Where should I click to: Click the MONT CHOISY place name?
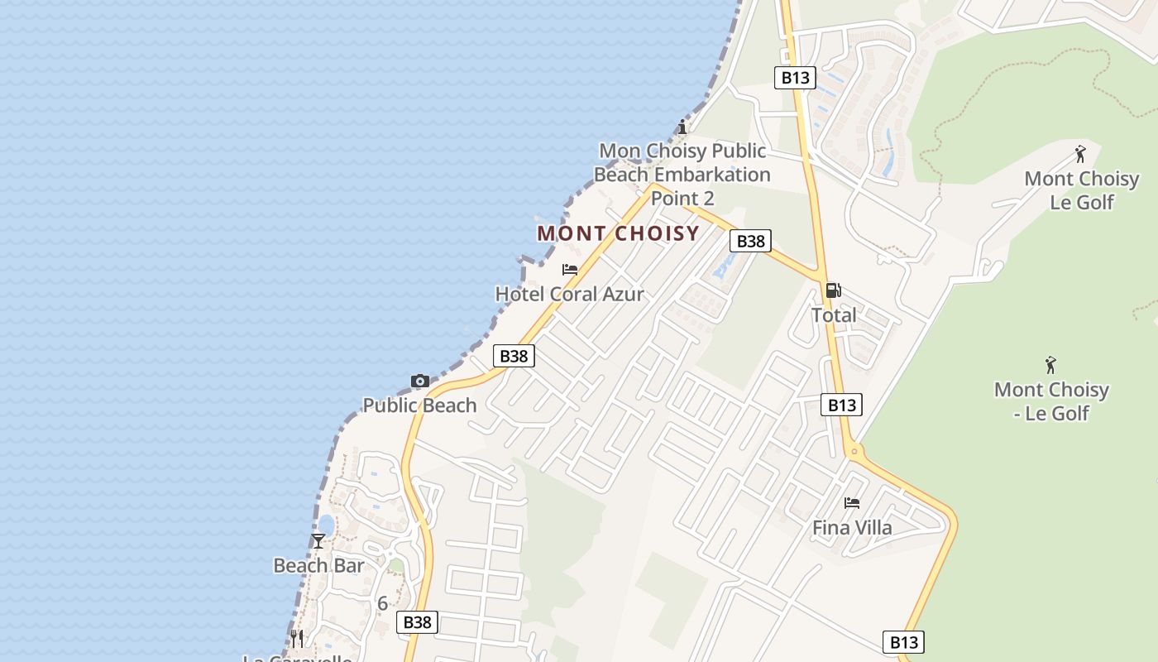(x=618, y=233)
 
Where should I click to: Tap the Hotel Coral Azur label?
(x=569, y=294)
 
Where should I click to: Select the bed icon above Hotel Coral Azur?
(x=569, y=270)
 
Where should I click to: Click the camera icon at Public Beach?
(x=420, y=381)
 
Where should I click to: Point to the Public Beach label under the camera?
(x=420, y=405)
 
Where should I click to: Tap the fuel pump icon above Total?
(x=833, y=290)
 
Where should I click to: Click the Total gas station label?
(x=834, y=315)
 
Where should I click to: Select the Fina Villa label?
(x=852, y=527)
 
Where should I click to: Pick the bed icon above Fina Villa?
(x=852, y=503)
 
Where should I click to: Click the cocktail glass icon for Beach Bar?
(x=318, y=541)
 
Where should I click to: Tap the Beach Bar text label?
(x=318, y=565)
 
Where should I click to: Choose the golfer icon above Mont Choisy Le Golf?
(x=1080, y=154)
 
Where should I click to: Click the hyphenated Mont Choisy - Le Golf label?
(x=1050, y=401)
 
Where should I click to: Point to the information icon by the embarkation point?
(x=682, y=127)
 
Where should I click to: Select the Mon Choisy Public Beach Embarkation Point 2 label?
(x=682, y=175)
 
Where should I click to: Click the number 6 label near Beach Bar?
(x=382, y=603)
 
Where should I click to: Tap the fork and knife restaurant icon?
(x=297, y=638)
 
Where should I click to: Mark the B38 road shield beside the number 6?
(x=417, y=622)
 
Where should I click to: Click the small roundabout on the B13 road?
(x=854, y=452)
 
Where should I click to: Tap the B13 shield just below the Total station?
(x=841, y=405)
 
